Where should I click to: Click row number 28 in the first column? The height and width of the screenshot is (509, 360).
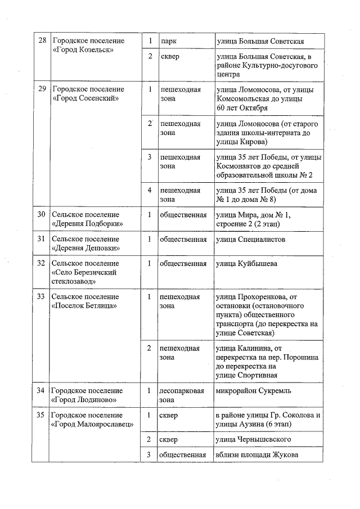point(40,42)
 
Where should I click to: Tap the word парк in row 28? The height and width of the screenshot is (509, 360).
point(169,42)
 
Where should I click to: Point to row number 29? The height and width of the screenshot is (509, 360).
point(40,89)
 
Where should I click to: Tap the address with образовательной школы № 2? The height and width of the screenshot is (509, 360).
point(269,166)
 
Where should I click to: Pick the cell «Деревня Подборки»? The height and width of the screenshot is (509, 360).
point(87,219)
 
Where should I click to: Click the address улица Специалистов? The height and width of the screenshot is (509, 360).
point(250,240)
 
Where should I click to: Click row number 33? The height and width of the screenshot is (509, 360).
point(40,296)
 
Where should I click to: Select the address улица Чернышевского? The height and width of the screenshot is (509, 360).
point(254,439)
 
